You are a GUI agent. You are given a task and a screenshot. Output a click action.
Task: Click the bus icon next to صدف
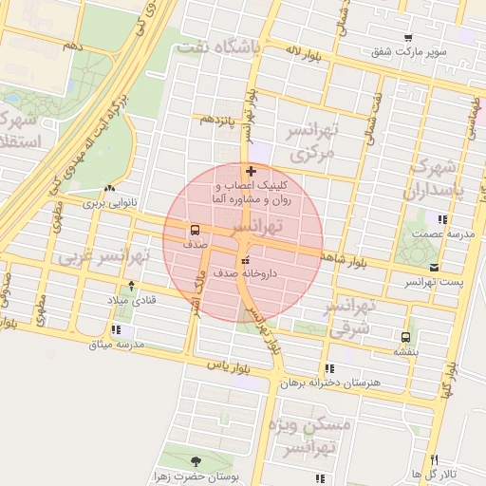coord(194,230)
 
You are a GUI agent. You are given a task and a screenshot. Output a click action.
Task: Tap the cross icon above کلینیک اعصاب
coord(251,172)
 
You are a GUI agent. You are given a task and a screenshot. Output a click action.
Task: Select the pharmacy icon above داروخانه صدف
coord(246,259)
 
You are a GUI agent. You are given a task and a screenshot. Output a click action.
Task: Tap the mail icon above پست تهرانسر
coord(434,268)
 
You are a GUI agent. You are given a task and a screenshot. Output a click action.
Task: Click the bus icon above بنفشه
coord(406,337)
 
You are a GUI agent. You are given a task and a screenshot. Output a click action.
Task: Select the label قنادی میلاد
coord(130,301)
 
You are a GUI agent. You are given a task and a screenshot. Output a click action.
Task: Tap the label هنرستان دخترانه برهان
coord(330,383)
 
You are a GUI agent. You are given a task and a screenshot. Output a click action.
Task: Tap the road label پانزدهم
coord(215,119)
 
